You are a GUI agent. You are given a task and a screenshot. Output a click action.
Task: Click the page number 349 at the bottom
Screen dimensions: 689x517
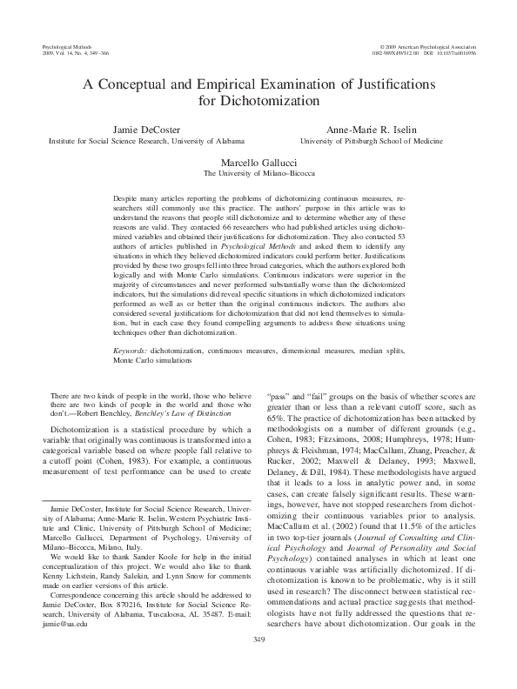[258, 664]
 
